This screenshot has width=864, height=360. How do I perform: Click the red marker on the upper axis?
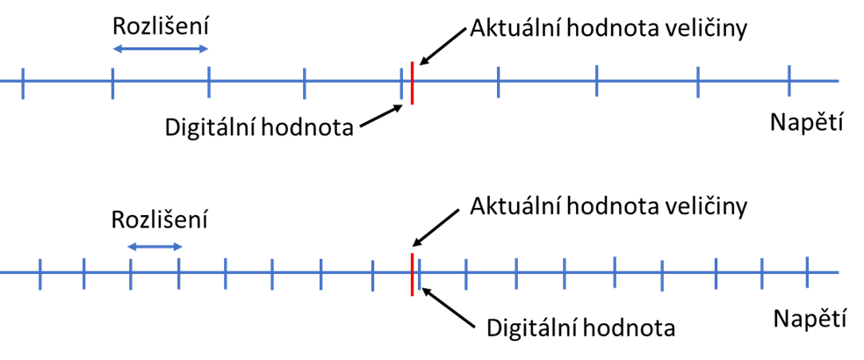(412, 83)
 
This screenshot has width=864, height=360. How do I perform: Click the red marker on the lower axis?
(412, 274)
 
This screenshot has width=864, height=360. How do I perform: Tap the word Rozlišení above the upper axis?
(160, 26)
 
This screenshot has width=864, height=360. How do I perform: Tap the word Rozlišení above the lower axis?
(160, 220)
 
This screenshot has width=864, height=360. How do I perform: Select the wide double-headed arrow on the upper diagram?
(161, 49)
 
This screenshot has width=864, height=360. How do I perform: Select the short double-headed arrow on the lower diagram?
(155, 247)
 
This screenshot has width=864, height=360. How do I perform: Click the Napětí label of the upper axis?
(807, 124)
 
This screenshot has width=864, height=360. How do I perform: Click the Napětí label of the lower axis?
(810, 318)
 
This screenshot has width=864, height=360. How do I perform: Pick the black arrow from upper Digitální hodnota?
(381, 118)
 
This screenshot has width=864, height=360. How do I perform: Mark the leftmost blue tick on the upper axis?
(23, 83)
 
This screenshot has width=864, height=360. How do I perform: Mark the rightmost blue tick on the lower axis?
(807, 272)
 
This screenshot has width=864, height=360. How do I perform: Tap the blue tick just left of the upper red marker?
(401, 85)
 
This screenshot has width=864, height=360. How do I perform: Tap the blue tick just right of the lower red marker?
(419, 273)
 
